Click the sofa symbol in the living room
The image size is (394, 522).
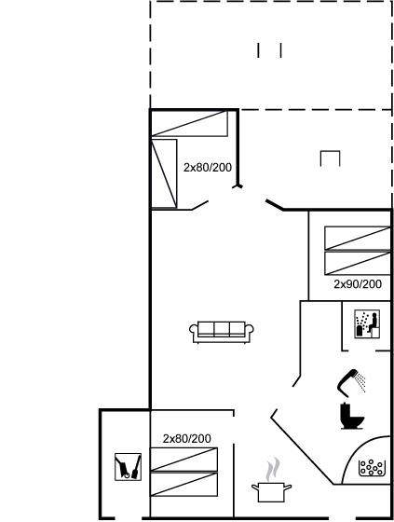[x=222, y=332]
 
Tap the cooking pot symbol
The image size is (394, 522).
[x=271, y=492]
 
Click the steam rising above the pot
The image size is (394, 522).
[x=273, y=470]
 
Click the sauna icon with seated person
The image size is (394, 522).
[x=367, y=324]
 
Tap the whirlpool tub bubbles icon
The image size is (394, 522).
[x=372, y=467]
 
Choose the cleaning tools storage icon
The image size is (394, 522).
[x=129, y=467]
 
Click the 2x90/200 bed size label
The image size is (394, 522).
[x=358, y=284]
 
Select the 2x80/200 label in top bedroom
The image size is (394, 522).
[x=208, y=168]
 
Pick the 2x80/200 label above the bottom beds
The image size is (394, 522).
[x=186, y=439]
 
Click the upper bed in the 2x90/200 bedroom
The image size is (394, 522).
[x=358, y=238]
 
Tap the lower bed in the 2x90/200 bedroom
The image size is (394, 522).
[x=358, y=263]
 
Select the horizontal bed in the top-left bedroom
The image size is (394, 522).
[x=190, y=123]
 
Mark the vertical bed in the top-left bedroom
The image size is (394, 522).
[x=164, y=173]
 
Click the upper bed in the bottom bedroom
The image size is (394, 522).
[x=184, y=460]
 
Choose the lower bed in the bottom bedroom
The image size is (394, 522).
[x=184, y=485]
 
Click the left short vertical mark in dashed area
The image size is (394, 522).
[x=258, y=50]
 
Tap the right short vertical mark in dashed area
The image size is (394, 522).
[x=281, y=50]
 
